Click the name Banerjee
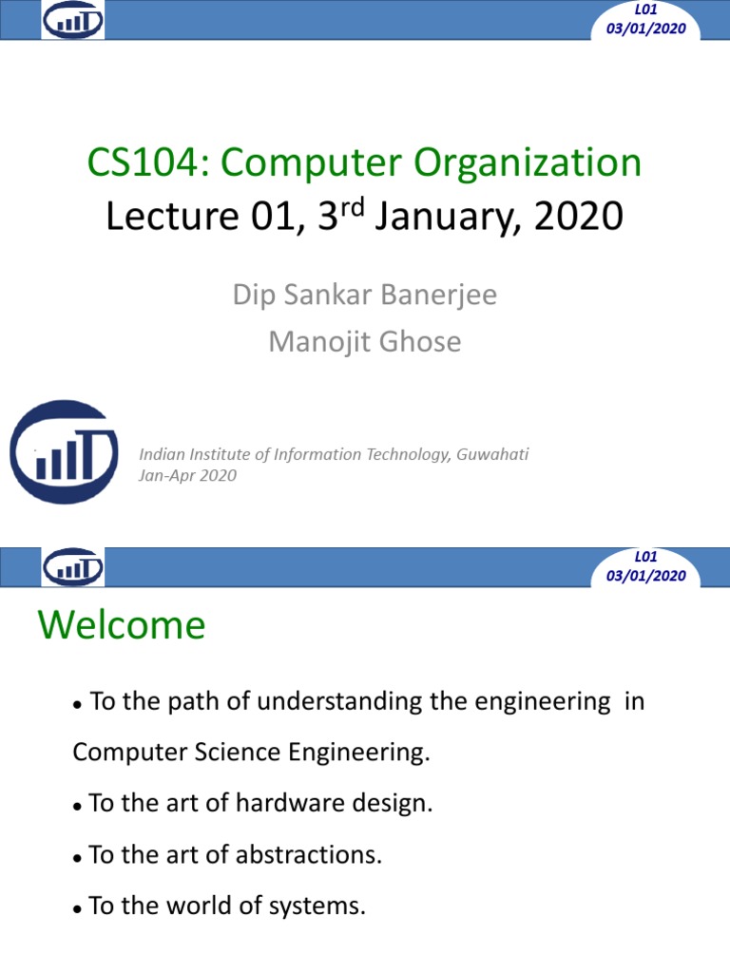click(439, 296)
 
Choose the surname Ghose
click(419, 341)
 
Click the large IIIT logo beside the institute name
click(64, 451)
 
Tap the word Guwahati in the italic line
click(492, 455)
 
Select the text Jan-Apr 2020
click(187, 475)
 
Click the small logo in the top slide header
click(72, 20)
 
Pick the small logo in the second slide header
click(72, 566)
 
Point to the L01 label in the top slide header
click(645, 10)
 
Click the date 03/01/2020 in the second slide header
click(646, 576)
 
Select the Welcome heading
click(122, 625)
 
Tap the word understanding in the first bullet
click(339, 701)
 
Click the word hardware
click(290, 803)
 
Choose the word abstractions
click(309, 854)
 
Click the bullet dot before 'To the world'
click(78, 909)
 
